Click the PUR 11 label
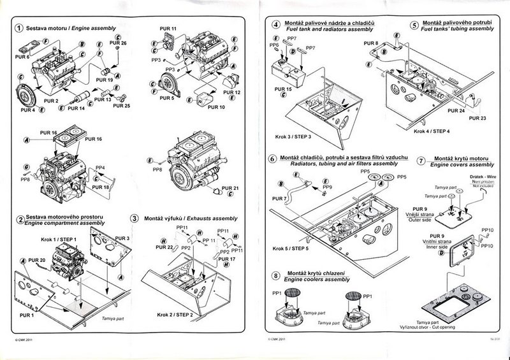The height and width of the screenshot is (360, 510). click(x=170, y=29)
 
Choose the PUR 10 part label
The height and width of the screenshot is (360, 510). click(x=217, y=107)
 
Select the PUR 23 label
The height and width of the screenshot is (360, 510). click(x=477, y=118)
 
